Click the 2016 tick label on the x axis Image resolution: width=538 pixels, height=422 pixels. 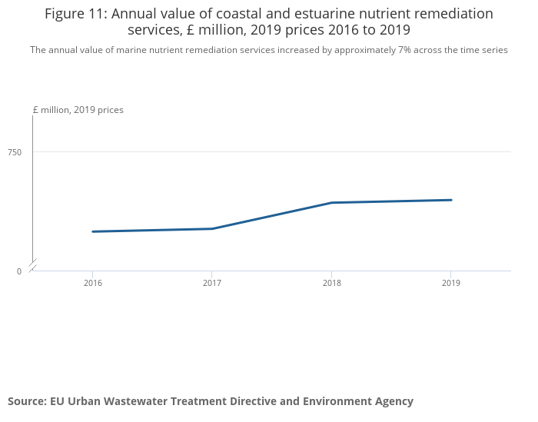92,284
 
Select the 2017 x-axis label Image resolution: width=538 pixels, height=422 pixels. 212,284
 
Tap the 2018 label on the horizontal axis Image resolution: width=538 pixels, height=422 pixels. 331,284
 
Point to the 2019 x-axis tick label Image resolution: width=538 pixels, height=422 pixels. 451,284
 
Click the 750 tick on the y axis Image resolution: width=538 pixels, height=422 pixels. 15,152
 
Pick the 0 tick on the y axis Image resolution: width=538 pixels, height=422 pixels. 19,271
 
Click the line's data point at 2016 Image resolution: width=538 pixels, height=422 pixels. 92,231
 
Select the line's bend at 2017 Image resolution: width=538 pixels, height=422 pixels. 212,228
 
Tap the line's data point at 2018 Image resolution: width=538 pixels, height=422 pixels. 331,202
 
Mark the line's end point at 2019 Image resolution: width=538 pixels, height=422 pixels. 451,200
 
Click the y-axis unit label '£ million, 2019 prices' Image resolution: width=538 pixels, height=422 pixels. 78,110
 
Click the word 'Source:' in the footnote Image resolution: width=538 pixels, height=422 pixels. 27,401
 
